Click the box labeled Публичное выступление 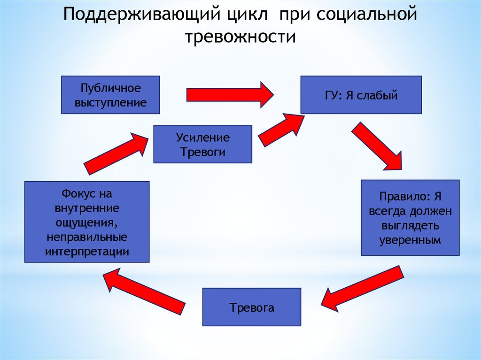coord(110,95)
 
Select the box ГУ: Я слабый coord(361,95)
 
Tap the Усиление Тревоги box coord(203,144)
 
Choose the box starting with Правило coord(410,217)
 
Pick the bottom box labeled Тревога coord(251,307)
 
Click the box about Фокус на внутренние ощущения coord(87,222)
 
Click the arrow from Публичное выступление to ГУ coord(230,94)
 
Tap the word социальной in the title coord(366,14)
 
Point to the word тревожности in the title coord(240,36)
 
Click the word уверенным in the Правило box coord(410,241)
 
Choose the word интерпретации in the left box coord(87,250)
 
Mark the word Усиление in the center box coord(203,138)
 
